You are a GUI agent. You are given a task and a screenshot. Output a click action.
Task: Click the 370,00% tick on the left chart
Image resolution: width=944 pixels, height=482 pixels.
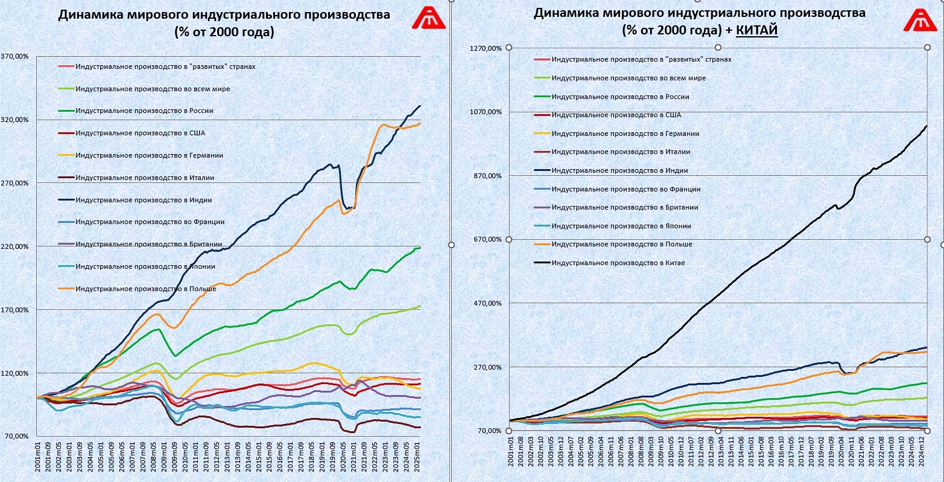[x=15, y=56]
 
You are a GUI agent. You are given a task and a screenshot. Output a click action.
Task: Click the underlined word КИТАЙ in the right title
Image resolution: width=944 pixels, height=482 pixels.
[x=757, y=30]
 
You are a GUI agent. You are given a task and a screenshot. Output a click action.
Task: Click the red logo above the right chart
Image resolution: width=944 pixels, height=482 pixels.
[x=919, y=19]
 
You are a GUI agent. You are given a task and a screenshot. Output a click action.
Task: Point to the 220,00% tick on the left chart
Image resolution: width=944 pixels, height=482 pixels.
[x=15, y=246]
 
